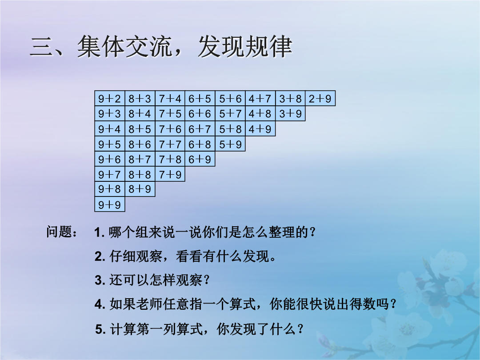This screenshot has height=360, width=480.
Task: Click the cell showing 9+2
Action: pos(110,98)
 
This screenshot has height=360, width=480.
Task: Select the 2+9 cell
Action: pos(320,98)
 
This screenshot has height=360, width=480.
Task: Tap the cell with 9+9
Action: pos(110,204)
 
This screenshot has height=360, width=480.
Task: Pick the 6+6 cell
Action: pos(200,114)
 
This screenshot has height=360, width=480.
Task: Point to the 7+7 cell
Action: pos(170,144)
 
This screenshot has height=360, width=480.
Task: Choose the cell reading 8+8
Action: pos(140,174)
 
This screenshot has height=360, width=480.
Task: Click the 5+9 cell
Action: pos(230,144)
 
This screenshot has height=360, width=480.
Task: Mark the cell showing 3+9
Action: pos(291,114)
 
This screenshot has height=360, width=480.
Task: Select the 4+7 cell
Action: pos(260,98)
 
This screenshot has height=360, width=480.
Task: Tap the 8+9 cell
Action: pos(140,189)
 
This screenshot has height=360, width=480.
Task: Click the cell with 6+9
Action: pos(200,159)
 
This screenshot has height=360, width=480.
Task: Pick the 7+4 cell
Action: pos(170,98)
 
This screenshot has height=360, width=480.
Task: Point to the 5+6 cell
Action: pos(230,98)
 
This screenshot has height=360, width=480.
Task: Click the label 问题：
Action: pos(62,232)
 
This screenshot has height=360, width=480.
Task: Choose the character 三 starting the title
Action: pos(41,47)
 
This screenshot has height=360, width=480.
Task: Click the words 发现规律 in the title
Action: pos(245,47)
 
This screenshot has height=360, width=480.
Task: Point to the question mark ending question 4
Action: pos(393,304)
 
